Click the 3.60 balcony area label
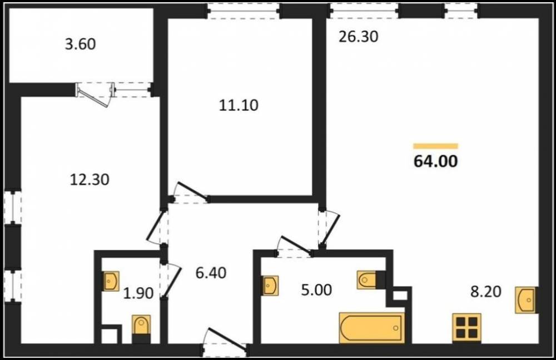tap(81, 45)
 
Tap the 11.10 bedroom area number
tap(239, 106)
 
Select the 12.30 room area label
tap(90, 180)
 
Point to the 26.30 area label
tap(359, 37)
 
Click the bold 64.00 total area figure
tap(436, 161)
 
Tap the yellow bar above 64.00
tap(436, 146)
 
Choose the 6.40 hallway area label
tap(211, 273)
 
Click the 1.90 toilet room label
tap(138, 293)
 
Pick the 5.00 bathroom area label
tap(316, 290)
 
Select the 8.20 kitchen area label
tap(486, 292)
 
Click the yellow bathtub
tap(372, 328)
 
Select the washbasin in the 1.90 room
tap(111, 281)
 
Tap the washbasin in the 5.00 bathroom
tap(270, 285)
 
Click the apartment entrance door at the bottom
tap(225, 342)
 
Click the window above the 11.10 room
tap(244, 11)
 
